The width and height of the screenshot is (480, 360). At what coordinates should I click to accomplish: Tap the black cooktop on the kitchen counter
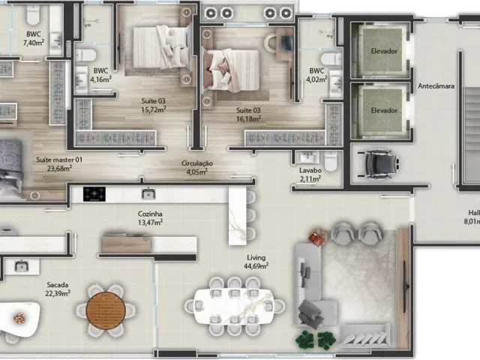click(94, 193)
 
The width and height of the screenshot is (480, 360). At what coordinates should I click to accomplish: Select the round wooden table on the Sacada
click(106, 310)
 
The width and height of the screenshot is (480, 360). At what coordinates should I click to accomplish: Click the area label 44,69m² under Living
click(256, 265)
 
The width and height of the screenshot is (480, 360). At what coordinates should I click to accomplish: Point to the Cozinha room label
click(150, 214)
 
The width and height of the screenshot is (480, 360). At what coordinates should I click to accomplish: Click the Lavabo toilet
click(331, 160)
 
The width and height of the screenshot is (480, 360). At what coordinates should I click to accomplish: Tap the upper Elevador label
click(384, 51)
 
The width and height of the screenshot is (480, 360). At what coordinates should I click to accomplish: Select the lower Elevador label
click(384, 110)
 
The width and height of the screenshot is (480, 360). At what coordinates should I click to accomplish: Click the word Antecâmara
click(436, 86)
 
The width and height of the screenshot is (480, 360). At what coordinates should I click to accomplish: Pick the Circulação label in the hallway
click(197, 163)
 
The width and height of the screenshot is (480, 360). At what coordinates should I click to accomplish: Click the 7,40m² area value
click(34, 43)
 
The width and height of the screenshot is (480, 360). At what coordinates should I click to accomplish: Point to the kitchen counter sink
click(148, 193)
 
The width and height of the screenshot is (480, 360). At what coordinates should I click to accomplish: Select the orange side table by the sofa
click(316, 238)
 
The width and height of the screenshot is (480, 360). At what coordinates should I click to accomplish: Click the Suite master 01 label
click(59, 160)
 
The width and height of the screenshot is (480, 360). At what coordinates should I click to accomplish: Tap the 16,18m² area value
click(248, 118)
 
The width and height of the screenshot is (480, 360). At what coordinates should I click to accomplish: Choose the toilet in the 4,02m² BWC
click(331, 58)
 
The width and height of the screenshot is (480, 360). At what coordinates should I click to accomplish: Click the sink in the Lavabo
click(307, 157)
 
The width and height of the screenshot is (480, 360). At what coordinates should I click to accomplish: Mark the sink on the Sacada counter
click(21, 266)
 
